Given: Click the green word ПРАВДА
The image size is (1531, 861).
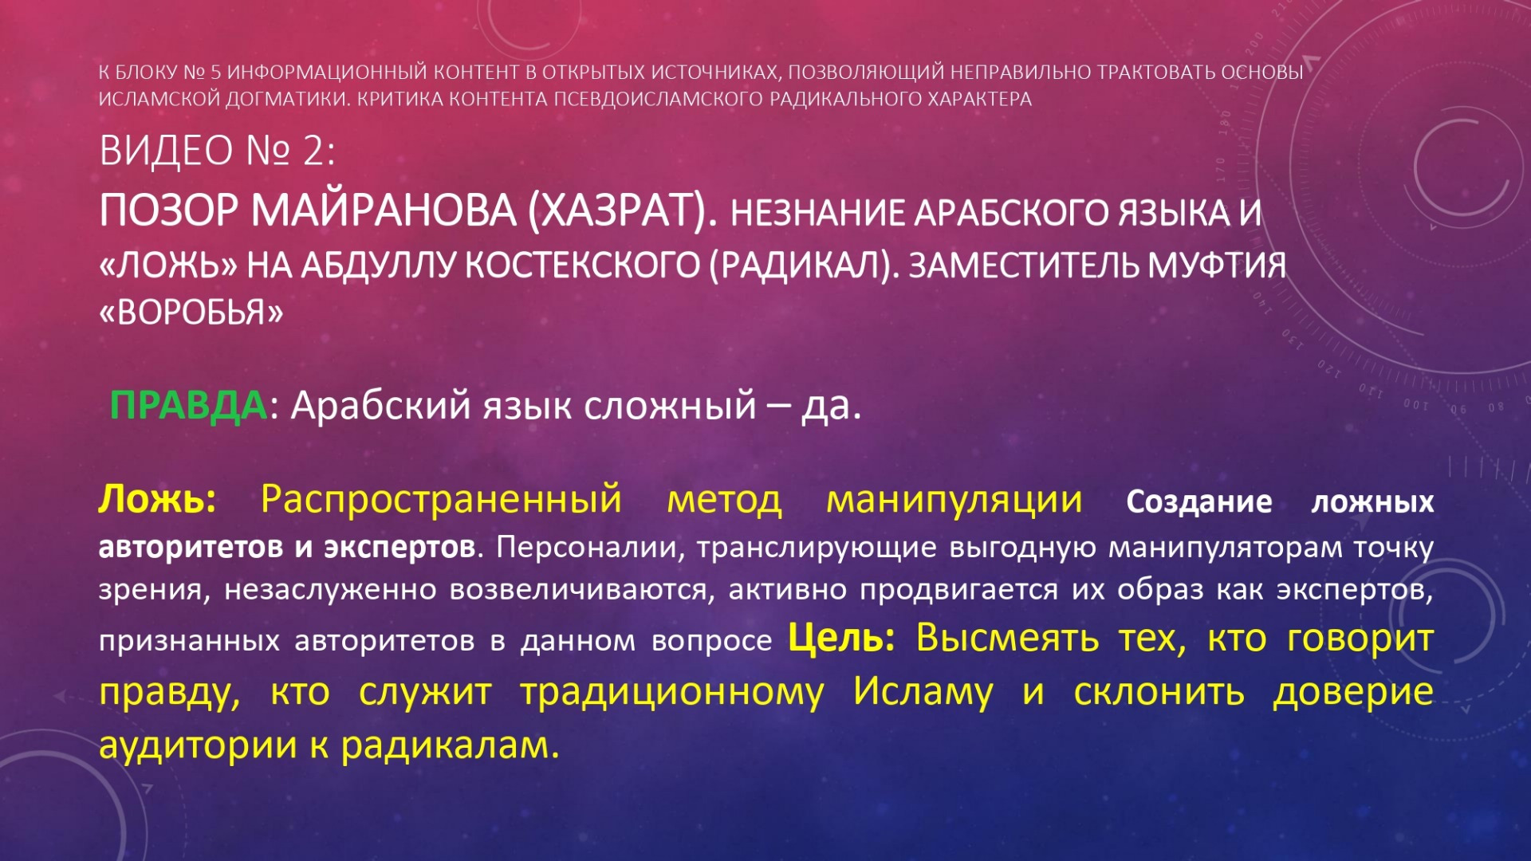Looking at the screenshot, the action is [x=188, y=406].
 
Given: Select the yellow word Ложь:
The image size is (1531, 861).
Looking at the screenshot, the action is [x=157, y=500].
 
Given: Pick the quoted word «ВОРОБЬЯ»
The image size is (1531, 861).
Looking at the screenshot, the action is [x=191, y=313].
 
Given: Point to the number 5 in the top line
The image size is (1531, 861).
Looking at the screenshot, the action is [x=214, y=73].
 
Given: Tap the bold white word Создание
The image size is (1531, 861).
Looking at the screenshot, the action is [x=1198, y=502].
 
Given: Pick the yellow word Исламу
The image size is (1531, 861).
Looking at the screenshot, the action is [x=923, y=691].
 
